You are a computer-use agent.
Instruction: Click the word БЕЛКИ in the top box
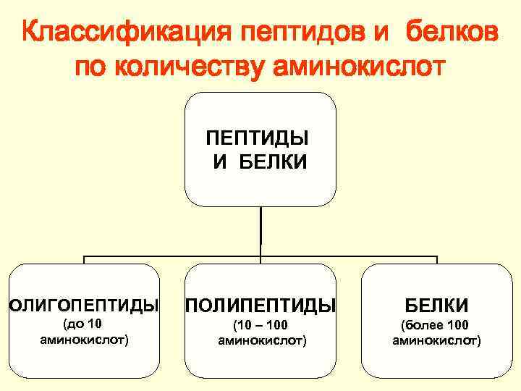[271, 163]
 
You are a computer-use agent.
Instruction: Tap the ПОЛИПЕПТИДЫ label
[261, 305]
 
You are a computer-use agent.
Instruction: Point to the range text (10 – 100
[261, 325]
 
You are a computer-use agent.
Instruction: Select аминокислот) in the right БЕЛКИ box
[436, 340]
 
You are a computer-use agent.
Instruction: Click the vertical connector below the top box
[260, 232]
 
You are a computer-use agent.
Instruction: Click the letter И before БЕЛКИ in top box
[220, 163]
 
